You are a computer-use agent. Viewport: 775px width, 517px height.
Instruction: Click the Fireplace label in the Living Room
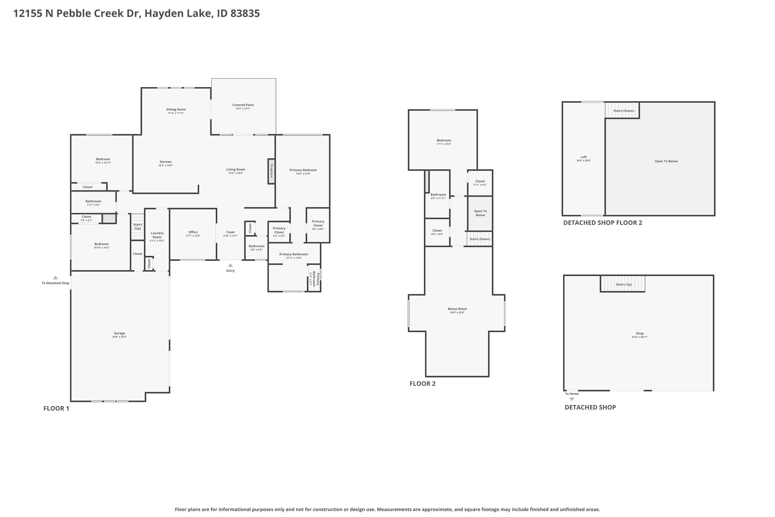[272, 171]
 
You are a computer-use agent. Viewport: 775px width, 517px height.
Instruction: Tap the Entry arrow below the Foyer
[230, 265]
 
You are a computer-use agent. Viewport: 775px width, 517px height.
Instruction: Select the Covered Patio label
[243, 105]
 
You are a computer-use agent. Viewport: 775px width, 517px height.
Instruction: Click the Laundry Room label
[157, 235]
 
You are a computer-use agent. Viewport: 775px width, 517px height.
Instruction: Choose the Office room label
[193, 232]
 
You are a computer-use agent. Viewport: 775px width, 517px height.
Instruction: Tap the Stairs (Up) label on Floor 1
[137, 226]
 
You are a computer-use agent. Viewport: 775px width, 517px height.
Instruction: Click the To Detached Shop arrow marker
[55, 278]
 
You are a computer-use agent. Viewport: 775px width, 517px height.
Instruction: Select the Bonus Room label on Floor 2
[457, 309]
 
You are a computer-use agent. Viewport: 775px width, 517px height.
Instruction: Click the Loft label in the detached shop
[584, 157]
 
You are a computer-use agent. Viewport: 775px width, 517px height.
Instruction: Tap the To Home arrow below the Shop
[572, 399]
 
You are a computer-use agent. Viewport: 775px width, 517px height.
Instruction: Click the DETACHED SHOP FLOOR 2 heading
[603, 223]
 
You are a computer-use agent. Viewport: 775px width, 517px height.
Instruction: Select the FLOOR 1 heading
[56, 408]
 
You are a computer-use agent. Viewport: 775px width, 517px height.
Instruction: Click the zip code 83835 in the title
[245, 13]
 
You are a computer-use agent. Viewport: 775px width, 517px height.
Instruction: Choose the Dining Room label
[176, 109]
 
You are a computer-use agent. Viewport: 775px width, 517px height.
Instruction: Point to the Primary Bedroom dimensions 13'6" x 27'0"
[303, 174]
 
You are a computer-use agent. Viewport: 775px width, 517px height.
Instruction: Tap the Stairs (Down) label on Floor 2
[480, 239]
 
